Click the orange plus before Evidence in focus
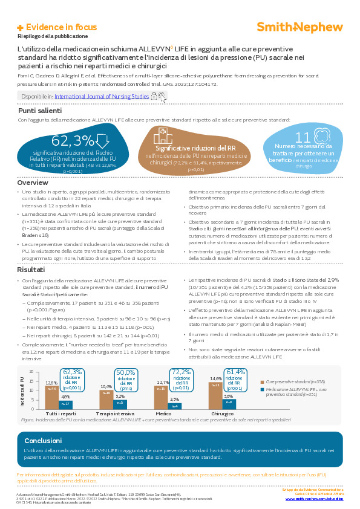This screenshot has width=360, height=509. [x=20, y=28]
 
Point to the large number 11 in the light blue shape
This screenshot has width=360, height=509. [x=303, y=137]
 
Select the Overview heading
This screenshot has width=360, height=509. [x=33, y=183]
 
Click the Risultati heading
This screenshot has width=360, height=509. [x=31, y=270]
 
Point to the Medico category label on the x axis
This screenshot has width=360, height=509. [x=163, y=413]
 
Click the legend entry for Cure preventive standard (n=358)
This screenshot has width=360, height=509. [x=291, y=382]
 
